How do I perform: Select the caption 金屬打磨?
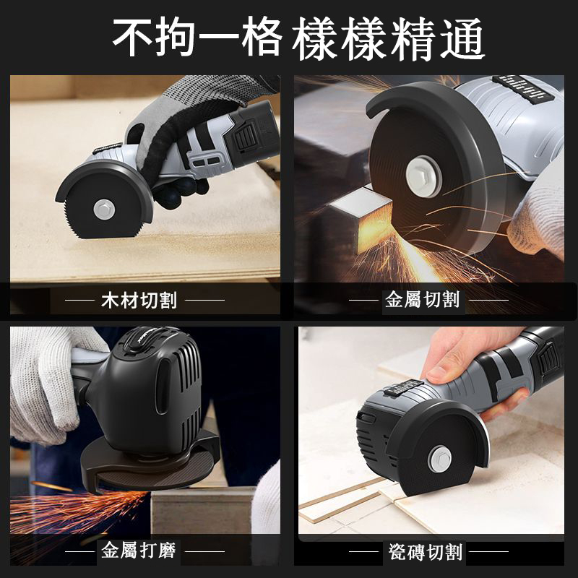click(139, 553)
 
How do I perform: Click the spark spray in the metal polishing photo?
click(72, 506)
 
